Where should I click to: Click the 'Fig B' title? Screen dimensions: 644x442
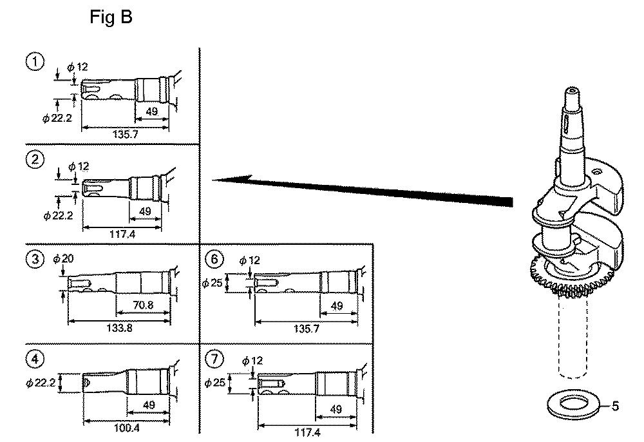coord(111,17)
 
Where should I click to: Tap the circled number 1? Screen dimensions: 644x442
coord(35,62)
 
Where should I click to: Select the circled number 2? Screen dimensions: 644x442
coord(35,159)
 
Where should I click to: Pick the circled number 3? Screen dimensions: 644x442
coord(35,260)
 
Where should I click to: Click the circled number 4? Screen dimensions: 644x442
coord(35,360)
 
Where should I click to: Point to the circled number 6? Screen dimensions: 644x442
coord(214,259)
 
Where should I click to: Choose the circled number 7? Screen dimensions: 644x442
coord(214,360)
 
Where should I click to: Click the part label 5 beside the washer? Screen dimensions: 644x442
coord(615,406)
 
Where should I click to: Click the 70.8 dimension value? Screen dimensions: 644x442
coord(144,305)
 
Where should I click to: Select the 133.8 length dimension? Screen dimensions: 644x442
coord(119,328)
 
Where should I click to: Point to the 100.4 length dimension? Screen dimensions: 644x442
coord(126,428)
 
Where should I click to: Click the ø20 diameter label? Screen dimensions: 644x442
coord(63,258)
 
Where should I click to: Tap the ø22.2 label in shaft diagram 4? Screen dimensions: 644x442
coord(40,383)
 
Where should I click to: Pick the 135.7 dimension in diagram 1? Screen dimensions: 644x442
coord(126,134)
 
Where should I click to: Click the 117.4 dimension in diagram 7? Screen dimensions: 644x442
coord(307,432)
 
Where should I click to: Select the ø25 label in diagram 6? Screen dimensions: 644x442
coord(213,283)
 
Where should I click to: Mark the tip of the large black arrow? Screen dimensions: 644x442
coord(212,180)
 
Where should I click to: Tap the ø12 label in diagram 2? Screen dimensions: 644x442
coord(79,166)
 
